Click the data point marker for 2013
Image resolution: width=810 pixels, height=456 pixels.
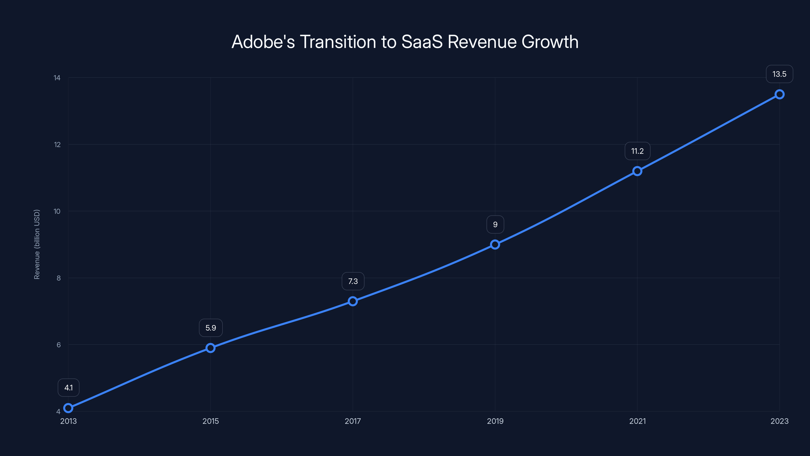[68, 408]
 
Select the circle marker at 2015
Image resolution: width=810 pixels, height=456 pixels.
[210, 348]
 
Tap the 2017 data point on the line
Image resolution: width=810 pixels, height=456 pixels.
[353, 301]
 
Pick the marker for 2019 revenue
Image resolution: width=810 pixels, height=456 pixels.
[495, 244]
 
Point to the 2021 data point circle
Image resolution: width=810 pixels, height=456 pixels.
[637, 171]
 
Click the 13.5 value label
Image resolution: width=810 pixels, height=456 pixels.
[779, 74]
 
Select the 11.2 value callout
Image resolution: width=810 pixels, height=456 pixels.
[637, 151]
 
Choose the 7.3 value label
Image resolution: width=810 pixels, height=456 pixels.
[353, 281]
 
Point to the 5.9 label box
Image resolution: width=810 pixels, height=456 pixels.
[211, 328]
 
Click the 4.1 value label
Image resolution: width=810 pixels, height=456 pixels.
[69, 387]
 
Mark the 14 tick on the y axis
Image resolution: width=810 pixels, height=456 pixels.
[57, 78]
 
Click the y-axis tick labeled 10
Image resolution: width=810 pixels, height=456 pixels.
[57, 211]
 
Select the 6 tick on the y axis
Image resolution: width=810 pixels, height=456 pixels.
[58, 345]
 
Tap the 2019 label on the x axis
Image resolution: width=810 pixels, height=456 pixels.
[495, 421]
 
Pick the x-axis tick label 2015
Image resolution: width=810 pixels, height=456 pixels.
[210, 421]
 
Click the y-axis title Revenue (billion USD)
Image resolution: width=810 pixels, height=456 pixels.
[37, 244]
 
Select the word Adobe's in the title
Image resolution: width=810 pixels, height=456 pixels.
[263, 42]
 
